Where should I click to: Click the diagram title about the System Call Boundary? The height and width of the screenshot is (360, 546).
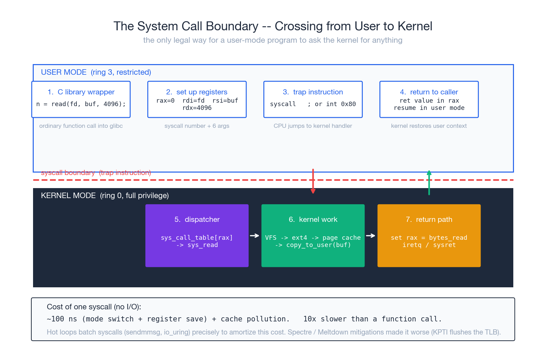(273, 26)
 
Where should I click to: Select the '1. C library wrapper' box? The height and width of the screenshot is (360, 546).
(81, 99)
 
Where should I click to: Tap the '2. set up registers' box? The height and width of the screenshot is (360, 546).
(197, 99)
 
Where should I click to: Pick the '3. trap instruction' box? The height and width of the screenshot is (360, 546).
(313, 99)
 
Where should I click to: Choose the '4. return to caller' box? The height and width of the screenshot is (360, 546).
(429, 99)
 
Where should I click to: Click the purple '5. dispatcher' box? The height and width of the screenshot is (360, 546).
(197, 235)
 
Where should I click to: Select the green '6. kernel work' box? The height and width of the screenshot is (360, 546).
(313, 235)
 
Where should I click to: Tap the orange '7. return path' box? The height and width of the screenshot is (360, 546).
(429, 235)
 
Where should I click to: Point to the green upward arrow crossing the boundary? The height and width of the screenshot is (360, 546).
(429, 183)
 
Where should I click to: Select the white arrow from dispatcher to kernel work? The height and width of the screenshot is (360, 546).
(254, 236)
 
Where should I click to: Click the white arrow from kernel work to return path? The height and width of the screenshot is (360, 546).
(370, 236)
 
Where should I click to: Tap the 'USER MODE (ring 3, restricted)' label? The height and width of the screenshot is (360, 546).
(96, 72)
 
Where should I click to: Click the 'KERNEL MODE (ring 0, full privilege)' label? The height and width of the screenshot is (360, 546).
(105, 196)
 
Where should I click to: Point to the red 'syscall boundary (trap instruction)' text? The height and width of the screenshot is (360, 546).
(96, 173)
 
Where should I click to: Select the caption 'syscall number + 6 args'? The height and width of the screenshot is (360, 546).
(197, 126)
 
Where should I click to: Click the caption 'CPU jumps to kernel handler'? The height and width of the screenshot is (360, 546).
(313, 126)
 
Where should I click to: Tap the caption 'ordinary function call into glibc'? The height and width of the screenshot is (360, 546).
(81, 126)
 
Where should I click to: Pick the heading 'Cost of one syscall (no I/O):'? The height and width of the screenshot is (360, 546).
(94, 307)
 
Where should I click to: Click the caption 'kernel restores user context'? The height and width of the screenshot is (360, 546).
(429, 126)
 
